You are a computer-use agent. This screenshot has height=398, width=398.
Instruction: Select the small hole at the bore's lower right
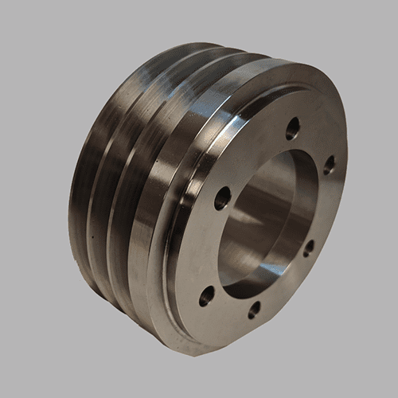click(309, 248)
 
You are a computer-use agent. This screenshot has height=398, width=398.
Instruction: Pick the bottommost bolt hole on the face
click(254, 310)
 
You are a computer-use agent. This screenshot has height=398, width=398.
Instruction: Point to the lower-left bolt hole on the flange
click(207, 296)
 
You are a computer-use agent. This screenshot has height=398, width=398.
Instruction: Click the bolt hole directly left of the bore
click(222, 197)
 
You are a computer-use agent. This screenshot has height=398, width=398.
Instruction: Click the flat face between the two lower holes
click(231, 306)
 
